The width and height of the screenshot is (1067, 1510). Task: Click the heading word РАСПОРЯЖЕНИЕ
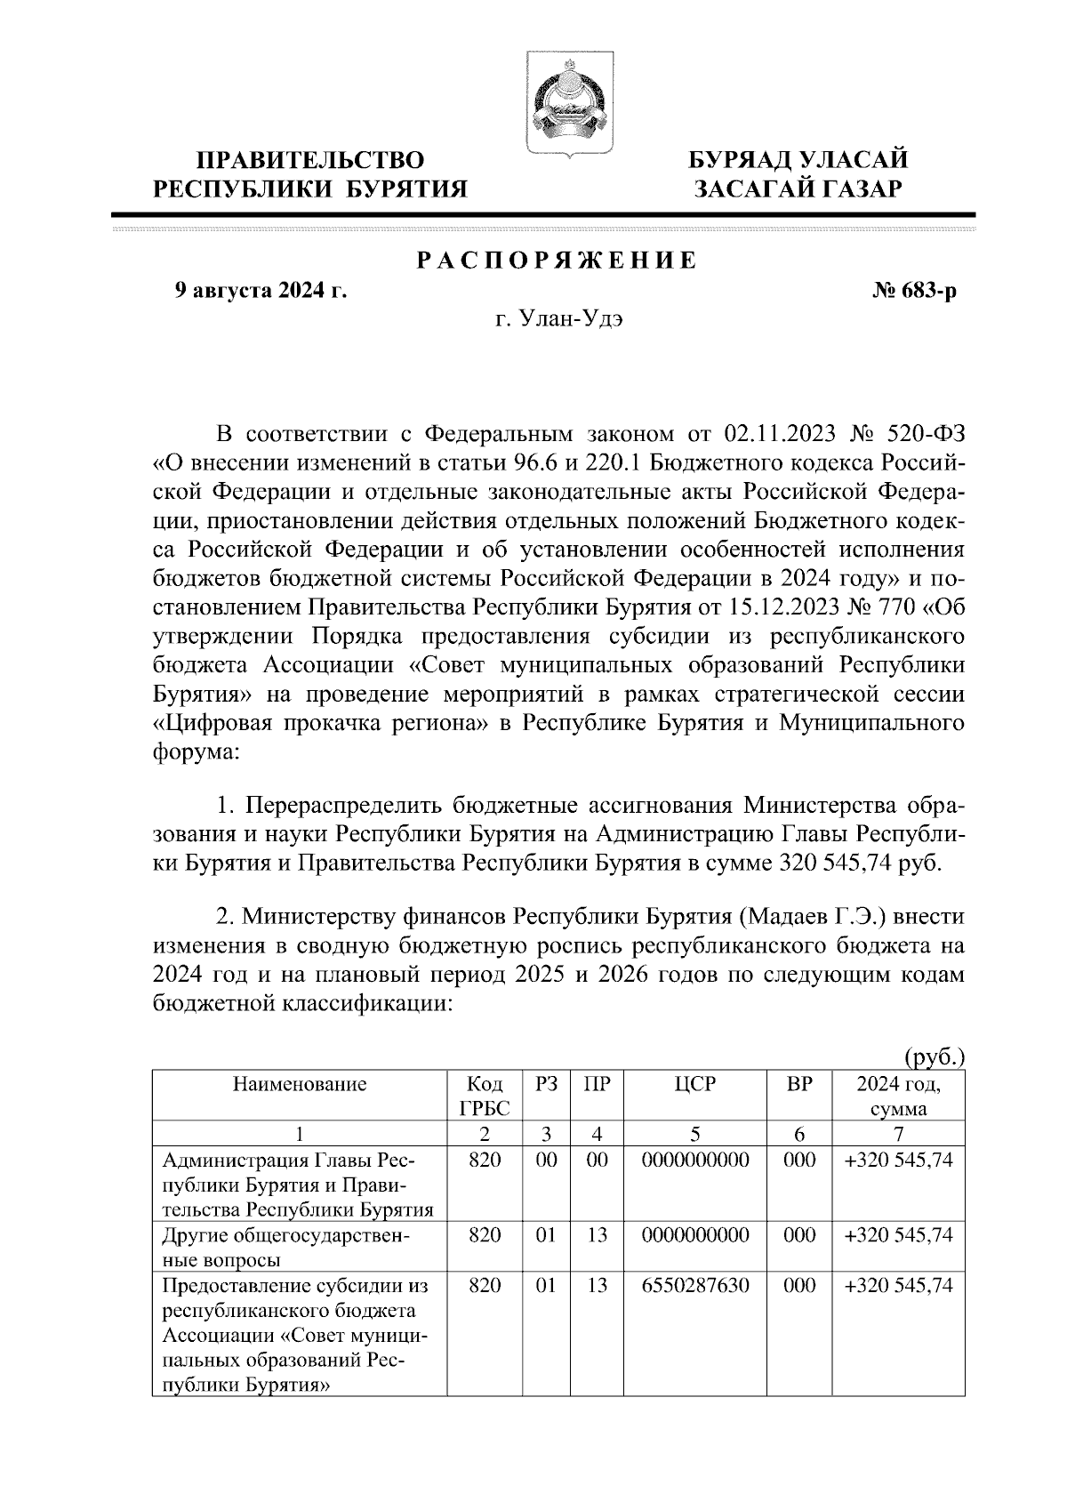(556, 261)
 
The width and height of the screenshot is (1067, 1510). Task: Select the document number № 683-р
(902, 291)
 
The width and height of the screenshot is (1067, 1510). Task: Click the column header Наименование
(300, 1084)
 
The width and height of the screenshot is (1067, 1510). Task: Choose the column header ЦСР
(694, 1084)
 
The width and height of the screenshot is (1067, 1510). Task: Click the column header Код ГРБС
(485, 1096)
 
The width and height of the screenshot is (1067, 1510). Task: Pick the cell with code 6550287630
(694, 1285)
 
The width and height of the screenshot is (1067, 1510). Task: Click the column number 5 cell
(694, 1134)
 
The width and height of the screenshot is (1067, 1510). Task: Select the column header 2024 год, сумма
(898, 1096)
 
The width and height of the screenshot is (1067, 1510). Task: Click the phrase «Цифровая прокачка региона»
(321, 723)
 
